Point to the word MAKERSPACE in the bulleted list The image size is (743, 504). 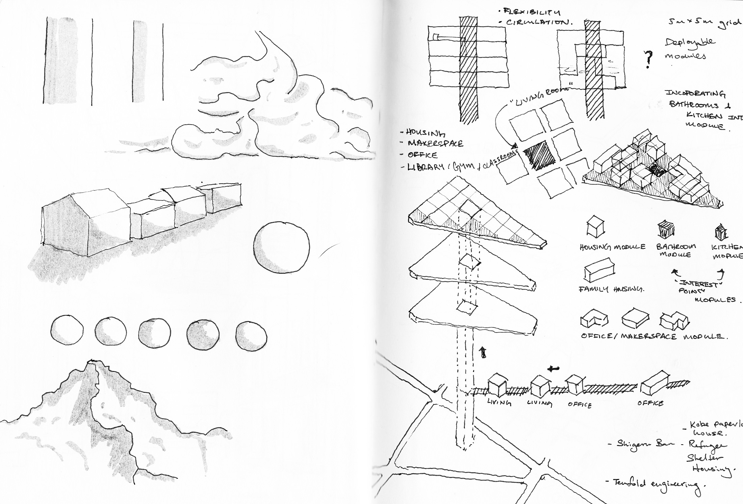pos(436,143)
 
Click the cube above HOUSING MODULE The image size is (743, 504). pos(595,227)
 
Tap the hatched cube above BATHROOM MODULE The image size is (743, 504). pos(666,230)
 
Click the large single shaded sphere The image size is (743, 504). pos(281,247)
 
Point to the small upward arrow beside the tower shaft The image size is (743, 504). pos(483,352)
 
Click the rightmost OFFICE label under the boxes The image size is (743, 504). pos(650,403)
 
